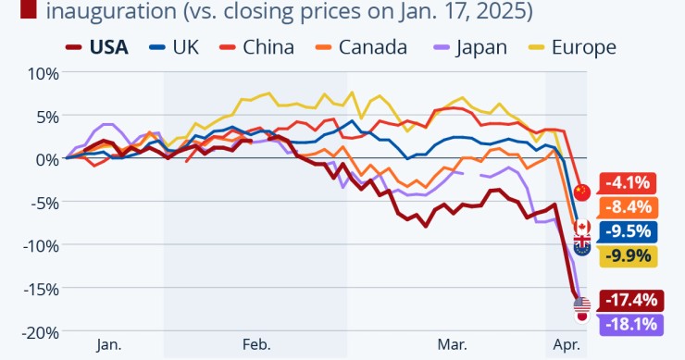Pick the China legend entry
(x=256, y=47)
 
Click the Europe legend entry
(x=570, y=47)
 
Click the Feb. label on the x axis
(x=256, y=345)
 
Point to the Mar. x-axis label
(x=452, y=345)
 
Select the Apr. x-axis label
(x=566, y=345)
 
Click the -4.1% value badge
(x=629, y=183)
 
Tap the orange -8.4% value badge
(x=629, y=207)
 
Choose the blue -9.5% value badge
(x=629, y=231)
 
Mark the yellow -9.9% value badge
(x=629, y=255)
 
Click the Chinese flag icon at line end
(x=581, y=192)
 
